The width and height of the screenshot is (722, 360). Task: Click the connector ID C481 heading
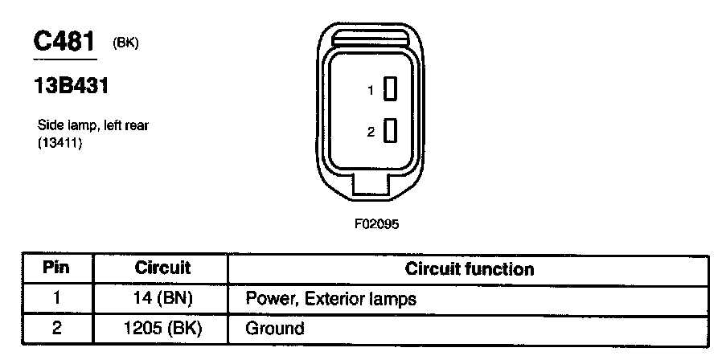(64, 43)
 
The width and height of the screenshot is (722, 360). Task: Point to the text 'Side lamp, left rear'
(92, 125)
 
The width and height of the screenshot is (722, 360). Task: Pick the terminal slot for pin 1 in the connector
(391, 90)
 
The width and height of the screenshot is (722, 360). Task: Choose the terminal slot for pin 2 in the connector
(391, 130)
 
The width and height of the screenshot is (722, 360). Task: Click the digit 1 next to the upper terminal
(371, 92)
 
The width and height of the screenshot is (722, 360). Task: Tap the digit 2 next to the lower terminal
(371, 132)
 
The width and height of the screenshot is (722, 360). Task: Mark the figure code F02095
(376, 224)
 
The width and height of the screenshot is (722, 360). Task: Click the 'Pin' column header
(56, 268)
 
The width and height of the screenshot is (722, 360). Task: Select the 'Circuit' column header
(162, 268)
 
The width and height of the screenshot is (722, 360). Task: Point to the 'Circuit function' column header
(470, 268)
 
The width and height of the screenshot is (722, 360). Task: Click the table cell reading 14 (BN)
(162, 299)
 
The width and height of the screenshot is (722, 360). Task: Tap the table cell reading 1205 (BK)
(162, 328)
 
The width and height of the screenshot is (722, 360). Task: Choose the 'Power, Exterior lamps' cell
(330, 299)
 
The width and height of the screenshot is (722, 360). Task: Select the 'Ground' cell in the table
(275, 328)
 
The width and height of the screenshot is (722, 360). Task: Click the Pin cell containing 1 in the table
(56, 299)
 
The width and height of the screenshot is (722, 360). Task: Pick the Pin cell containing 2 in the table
(56, 328)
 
